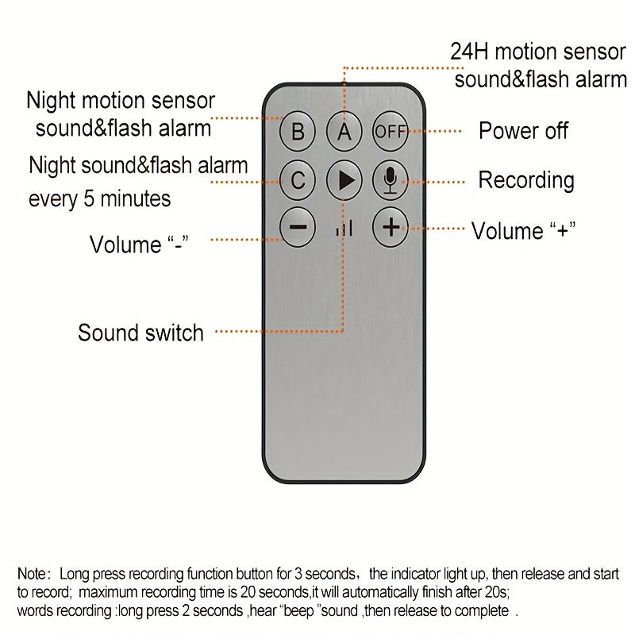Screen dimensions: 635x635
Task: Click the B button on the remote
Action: pos(298,131)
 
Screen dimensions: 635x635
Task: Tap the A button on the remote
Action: pos(344,131)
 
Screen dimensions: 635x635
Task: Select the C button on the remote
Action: pos(298,181)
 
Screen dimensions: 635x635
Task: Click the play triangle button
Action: pos(344,181)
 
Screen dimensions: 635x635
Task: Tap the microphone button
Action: pos(390,181)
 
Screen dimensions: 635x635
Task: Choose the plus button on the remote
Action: pos(390,228)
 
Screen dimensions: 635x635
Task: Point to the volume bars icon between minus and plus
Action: pos(344,229)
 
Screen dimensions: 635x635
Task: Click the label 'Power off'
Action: pos(523,131)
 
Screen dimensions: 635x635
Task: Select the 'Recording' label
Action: pos(525,180)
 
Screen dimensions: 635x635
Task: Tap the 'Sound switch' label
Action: pos(140,332)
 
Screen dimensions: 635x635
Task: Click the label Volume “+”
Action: pos(523,231)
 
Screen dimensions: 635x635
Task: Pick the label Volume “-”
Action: pos(137,244)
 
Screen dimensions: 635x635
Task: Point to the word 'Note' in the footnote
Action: pos(33,573)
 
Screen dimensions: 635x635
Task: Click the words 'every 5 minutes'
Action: pos(100,198)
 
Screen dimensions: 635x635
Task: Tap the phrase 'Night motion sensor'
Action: pos(121,102)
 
